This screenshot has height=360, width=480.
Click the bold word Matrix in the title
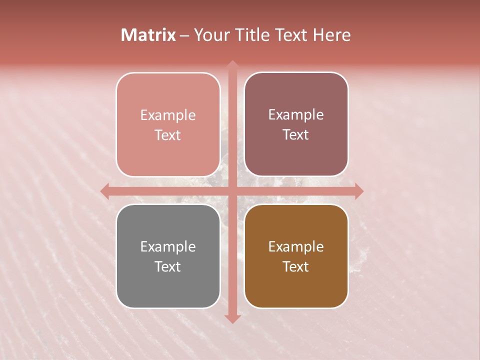(x=148, y=35)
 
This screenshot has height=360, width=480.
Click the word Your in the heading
(x=209, y=35)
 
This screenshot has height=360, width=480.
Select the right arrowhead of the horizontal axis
(x=359, y=191)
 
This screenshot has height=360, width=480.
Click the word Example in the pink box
(x=168, y=115)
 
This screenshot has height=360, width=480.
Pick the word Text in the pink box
(x=168, y=135)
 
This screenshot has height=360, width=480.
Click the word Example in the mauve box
(x=296, y=115)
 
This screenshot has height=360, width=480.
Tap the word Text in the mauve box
(x=296, y=135)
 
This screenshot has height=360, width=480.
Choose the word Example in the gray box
(x=168, y=247)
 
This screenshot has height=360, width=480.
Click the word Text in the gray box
(x=168, y=267)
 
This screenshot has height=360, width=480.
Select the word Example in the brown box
(x=296, y=247)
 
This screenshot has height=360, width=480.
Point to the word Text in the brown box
(x=296, y=267)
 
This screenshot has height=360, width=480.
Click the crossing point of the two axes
(x=232, y=191)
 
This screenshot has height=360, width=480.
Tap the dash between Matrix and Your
(x=184, y=35)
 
